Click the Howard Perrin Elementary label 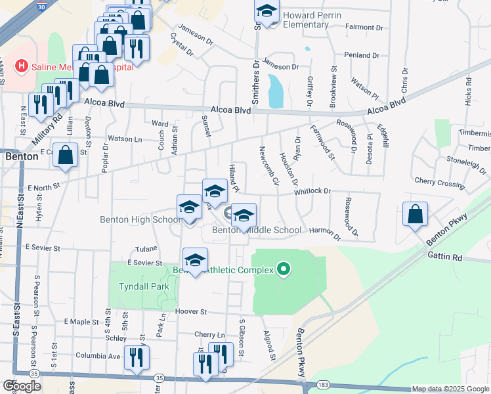click(305, 20)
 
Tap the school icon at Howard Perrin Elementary click(267, 11)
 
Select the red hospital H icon click(21, 66)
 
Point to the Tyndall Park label click(144, 286)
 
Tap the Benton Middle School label click(257, 230)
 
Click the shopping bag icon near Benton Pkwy click(415, 215)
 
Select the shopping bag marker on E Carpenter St click(66, 156)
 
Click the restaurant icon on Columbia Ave click(137, 358)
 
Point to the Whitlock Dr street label click(312, 190)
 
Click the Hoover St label click(190, 312)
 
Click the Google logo click(22, 386)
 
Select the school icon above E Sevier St click(195, 260)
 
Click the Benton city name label click(20, 158)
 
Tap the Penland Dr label click(357, 55)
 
